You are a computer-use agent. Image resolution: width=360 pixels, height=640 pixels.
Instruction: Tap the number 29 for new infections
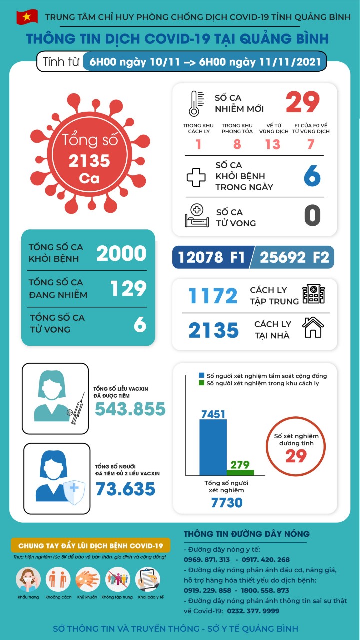click(303, 102)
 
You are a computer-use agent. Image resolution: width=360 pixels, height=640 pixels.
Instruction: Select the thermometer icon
click(193, 103)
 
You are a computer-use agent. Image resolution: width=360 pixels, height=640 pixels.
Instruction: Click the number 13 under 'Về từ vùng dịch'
click(273, 144)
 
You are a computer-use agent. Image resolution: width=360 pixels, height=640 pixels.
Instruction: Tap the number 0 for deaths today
click(312, 216)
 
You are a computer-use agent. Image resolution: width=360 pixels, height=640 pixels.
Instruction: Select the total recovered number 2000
click(121, 254)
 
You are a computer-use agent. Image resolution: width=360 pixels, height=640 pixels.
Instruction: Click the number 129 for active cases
click(128, 289)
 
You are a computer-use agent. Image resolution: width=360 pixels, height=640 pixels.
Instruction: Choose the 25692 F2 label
click(293, 257)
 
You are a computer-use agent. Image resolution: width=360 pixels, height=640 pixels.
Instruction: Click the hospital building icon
click(313, 294)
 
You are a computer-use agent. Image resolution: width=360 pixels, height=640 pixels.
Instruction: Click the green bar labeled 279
click(240, 472)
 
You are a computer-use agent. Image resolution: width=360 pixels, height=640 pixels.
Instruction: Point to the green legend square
click(202, 383)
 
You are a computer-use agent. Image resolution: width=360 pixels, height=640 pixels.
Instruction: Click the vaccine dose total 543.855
click(130, 409)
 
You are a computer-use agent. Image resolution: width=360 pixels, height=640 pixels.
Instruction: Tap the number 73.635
click(125, 488)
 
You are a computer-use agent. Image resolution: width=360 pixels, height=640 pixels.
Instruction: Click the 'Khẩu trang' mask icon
click(28, 580)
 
